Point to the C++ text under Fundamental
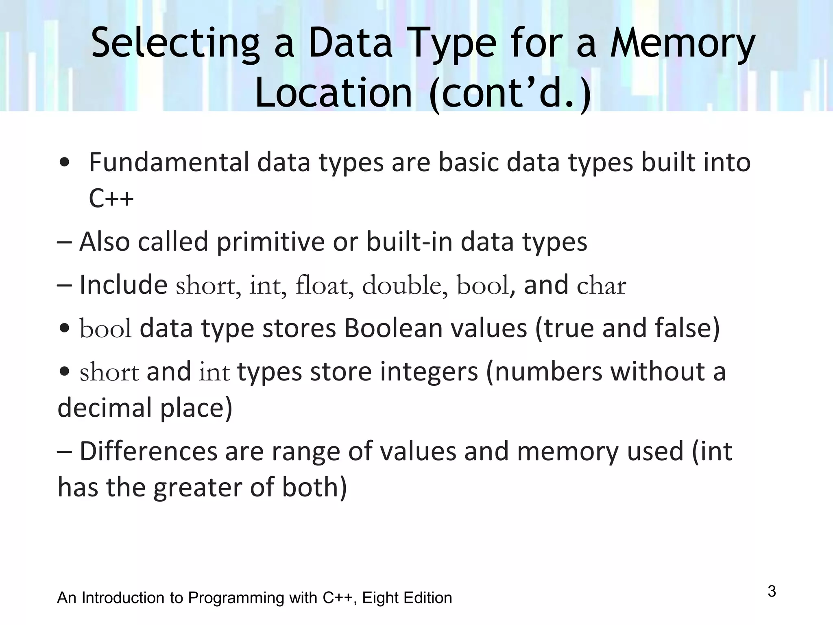click(111, 199)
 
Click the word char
click(601, 286)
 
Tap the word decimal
click(105, 408)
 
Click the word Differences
click(148, 451)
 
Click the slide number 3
click(772, 591)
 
